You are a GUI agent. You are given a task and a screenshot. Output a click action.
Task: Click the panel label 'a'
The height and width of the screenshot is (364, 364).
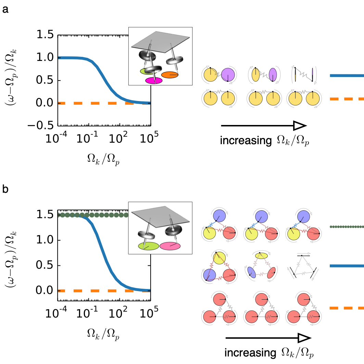pos(5,10)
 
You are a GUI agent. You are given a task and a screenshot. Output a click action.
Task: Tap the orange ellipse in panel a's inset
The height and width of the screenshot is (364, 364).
pos(169,75)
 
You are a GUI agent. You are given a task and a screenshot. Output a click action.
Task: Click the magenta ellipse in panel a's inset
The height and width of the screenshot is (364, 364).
pos(154,80)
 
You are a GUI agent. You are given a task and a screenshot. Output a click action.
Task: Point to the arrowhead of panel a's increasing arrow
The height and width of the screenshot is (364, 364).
pos(299,126)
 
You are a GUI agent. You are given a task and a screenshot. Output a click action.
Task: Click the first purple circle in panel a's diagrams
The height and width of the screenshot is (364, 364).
pos(227,74)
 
